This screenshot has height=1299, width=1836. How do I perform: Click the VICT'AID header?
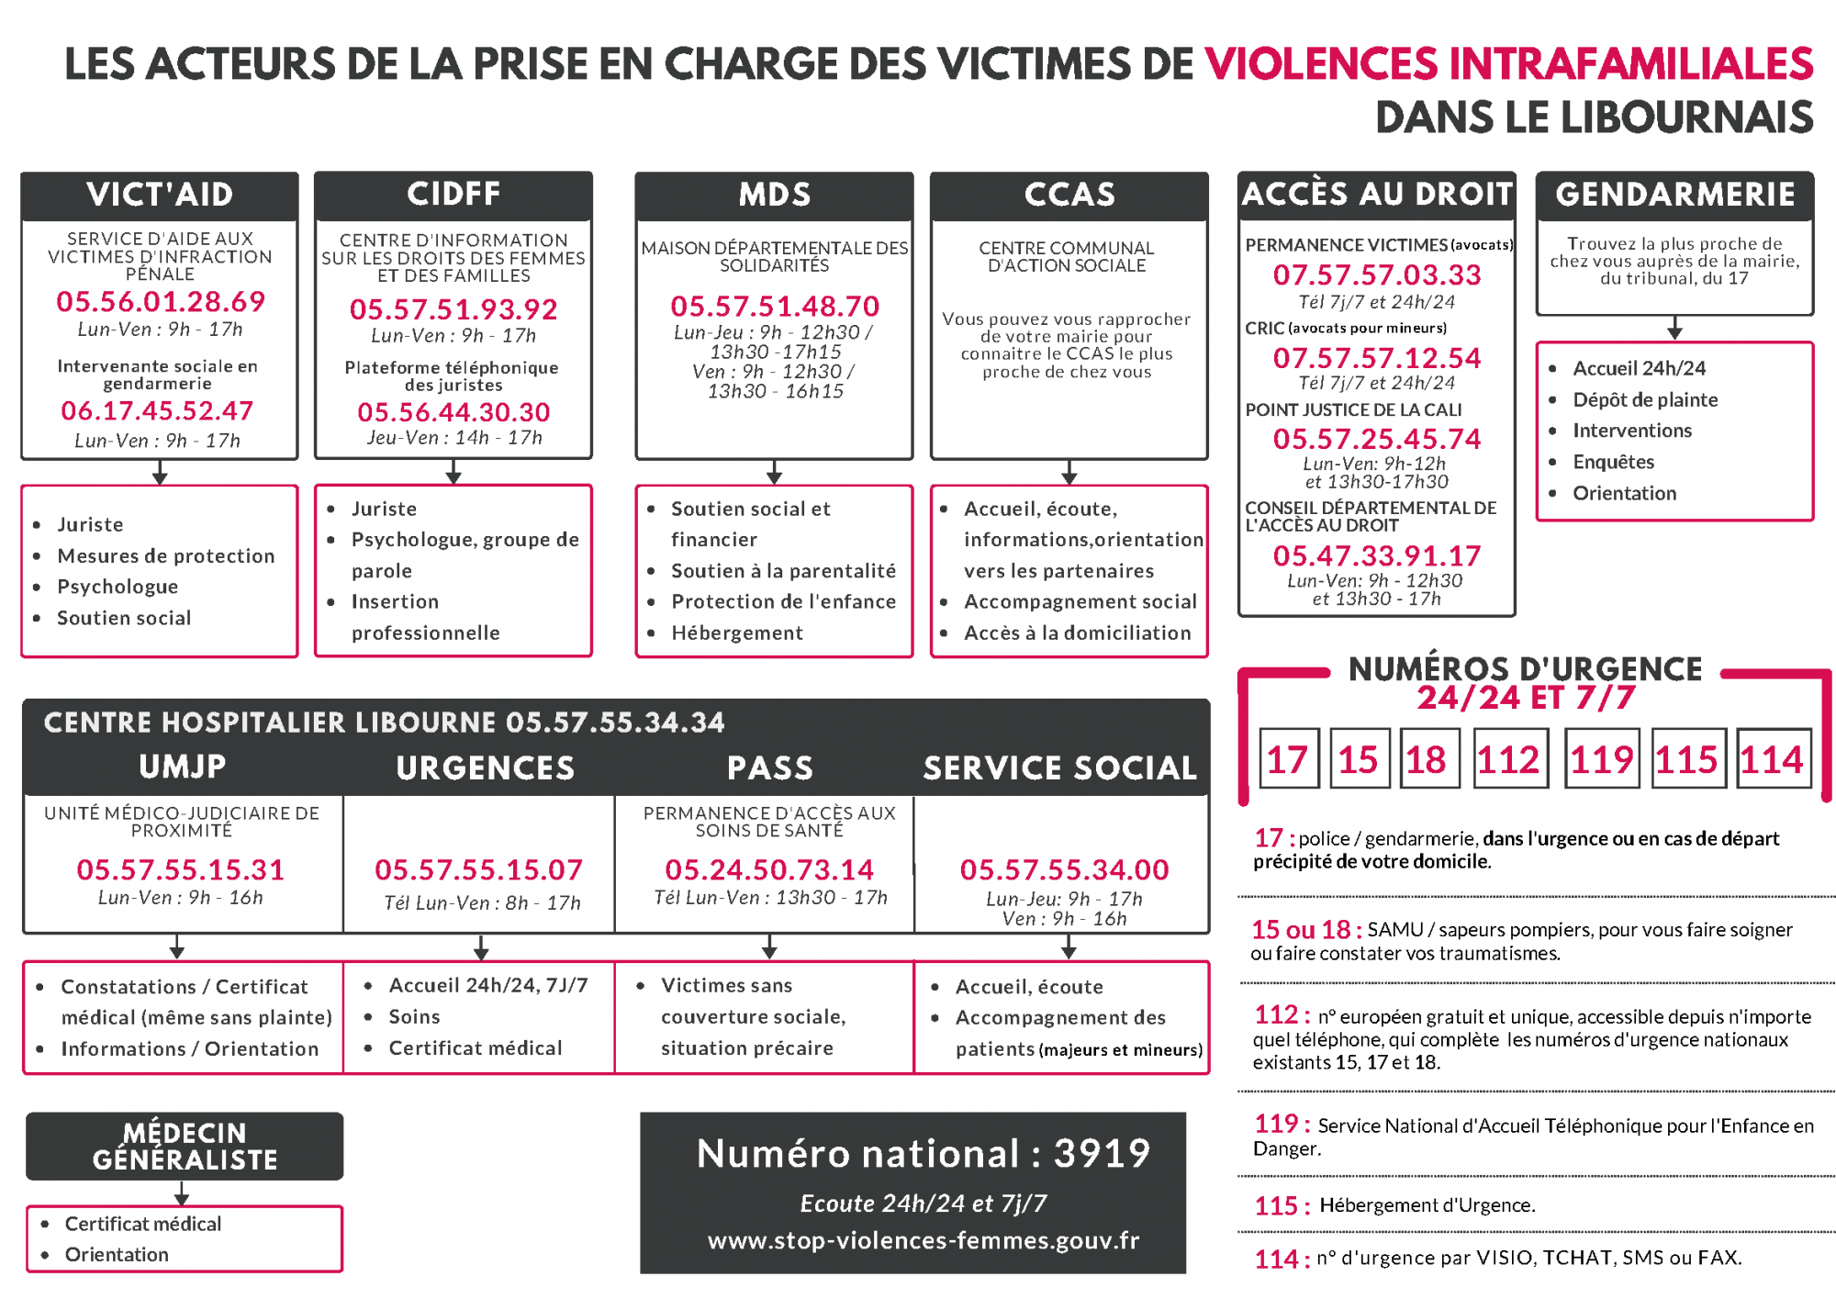click(160, 195)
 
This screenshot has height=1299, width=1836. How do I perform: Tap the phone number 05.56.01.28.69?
click(161, 301)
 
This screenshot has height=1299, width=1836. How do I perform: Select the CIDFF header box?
click(453, 195)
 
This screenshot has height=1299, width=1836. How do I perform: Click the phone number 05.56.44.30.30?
click(453, 412)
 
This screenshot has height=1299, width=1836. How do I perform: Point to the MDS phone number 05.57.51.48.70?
click(775, 306)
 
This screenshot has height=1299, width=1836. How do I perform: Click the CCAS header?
click(1069, 195)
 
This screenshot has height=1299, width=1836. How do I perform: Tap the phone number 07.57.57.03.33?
click(1376, 274)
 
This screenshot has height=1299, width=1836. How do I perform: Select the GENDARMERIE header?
click(1674, 195)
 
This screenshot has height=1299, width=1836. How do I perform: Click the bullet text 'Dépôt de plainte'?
click(1645, 399)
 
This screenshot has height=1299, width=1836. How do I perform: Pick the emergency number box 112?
click(1508, 759)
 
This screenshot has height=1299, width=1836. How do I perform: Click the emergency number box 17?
click(1288, 759)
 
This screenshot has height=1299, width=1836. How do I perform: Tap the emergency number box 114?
click(1772, 759)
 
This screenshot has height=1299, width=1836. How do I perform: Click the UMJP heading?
click(182, 767)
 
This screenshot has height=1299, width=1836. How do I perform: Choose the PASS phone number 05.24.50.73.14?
click(769, 869)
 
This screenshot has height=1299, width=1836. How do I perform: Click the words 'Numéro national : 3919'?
click(923, 1153)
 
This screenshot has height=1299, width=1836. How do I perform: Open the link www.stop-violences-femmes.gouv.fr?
click(923, 1240)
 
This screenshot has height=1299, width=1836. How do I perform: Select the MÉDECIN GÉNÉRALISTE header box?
click(185, 1147)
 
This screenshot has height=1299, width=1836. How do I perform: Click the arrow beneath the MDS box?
click(775, 472)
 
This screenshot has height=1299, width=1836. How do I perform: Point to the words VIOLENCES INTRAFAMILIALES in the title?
click(1508, 64)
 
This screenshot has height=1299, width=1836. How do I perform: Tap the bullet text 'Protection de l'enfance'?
click(783, 601)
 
